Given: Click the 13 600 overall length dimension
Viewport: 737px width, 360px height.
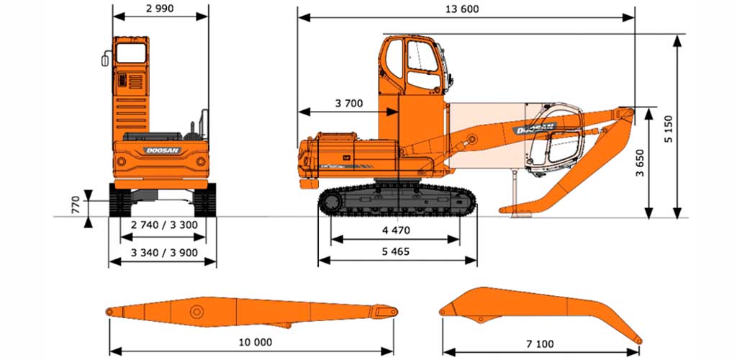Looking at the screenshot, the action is point(464,9).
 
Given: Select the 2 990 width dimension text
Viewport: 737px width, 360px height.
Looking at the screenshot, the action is point(160,8).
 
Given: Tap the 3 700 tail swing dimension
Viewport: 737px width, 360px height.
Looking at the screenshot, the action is point(349,104).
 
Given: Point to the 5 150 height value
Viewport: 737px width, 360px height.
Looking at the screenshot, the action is point(669,129).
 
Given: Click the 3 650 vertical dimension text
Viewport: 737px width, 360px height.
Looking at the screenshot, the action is point(640,163).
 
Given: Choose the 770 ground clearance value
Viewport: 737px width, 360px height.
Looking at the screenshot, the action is point(76,205).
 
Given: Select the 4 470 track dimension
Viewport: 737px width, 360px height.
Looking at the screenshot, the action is point(396,230).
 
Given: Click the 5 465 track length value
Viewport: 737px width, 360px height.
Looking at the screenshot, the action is point(396,251).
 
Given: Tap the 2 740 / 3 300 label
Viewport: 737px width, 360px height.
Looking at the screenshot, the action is point(165,225).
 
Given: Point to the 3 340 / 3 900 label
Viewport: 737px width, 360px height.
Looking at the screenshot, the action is point(165,253).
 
